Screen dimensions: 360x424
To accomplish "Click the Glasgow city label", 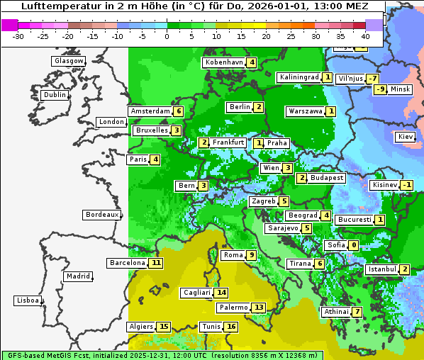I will tap(69, 61).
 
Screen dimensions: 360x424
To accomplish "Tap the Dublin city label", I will tap(55, 95).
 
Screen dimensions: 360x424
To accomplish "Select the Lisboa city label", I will tap(27, 300).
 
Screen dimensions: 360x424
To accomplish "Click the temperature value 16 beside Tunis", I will tap(231, 327).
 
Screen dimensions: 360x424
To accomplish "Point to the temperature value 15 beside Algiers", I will tap(164, 327).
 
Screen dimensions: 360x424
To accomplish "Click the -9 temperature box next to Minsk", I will tap(380, 89).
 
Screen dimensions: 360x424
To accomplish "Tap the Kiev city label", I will tap(406, 136).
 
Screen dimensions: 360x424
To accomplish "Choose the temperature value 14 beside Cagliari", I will tap(222, 293).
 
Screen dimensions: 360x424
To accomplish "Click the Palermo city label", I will tap(233, 308).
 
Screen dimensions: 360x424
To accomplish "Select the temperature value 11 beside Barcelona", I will tap(156, 263).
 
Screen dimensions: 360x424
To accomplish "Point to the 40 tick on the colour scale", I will tap(365, 36).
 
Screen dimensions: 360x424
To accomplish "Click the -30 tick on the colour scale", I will tap(18, 36).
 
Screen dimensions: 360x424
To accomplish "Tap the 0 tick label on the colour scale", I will tap(167, 36).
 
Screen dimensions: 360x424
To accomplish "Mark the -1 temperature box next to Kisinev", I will tap(406, 185).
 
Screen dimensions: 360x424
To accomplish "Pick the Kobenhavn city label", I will tap(223, 62).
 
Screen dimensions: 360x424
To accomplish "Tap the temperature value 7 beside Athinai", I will tap(357, 312).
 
